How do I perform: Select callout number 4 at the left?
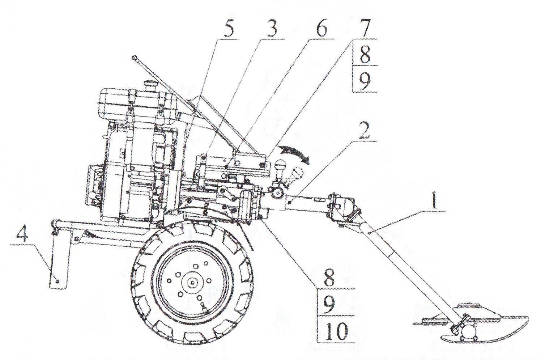pyautogui.click(x=22, y=237)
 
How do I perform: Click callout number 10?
pyautogui.click(x=336, y=331)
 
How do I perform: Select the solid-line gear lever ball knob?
pyautogui.click(x=280, y=168)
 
